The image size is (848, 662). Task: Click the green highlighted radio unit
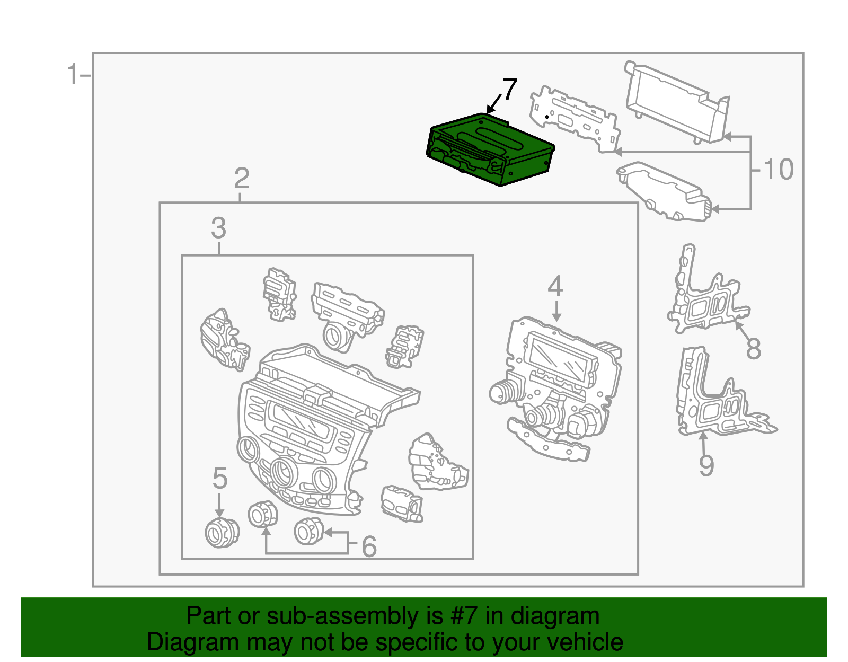coord(490,150)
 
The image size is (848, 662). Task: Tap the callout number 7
coord(509,90)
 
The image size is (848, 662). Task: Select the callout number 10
coord(778,170)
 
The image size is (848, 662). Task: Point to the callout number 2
coord(242,179)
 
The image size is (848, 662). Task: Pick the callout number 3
coord(218,228)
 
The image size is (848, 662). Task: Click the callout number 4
coord(555,287)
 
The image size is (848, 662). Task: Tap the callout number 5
coord(220,479)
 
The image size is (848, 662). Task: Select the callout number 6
coord(369,547)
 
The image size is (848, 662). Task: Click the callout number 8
coord(753,349)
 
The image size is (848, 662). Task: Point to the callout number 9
coord(706,465)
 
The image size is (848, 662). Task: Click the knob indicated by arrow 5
coord(222,533)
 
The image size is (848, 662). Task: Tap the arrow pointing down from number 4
coord(556,311)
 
